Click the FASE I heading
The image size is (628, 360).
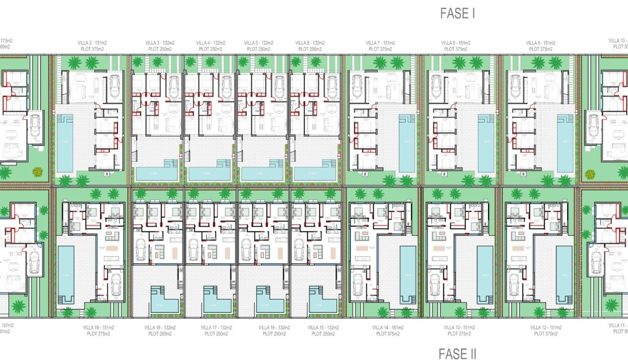[458, 14]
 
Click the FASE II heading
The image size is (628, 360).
[457, 353]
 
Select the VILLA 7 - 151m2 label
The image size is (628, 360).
[380, 43]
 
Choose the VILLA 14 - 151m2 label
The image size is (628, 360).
[388, 328]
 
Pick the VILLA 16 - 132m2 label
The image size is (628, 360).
[274, 328]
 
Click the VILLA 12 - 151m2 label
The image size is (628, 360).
[545, 328]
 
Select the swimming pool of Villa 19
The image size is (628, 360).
[66, 274]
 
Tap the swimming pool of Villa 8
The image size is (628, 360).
[486, 143]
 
